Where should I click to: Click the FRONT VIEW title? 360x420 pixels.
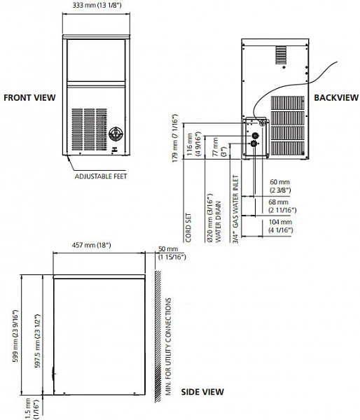pos(29,97)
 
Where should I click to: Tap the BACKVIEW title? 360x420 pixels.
pos(336,97)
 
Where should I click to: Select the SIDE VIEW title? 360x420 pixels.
pos(202,392)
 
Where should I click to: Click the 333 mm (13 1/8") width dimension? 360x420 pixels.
pos(97,5)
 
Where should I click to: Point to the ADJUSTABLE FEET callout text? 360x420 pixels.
pos(101,176)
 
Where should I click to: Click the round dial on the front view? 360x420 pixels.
pos(116,134)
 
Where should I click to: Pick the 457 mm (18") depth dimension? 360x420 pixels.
pos(92,245)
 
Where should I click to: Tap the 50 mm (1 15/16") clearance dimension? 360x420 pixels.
pos(172,253)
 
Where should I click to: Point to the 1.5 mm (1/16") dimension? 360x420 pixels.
pos(32,409)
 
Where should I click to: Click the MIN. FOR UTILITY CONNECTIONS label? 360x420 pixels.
pos(168,346)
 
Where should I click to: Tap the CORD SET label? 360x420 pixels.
pos(188,227)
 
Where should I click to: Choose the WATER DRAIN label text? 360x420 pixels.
pos(219,222)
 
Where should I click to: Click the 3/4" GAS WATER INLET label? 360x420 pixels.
pos(235,209)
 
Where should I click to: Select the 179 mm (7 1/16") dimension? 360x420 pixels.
pos(175,138)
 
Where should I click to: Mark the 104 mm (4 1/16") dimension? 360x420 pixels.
pos(281,226)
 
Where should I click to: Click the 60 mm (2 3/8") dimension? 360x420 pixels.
pos(280,186)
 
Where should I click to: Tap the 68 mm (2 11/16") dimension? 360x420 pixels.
pos(282,206)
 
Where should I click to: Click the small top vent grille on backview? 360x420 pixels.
pos(281,55)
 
